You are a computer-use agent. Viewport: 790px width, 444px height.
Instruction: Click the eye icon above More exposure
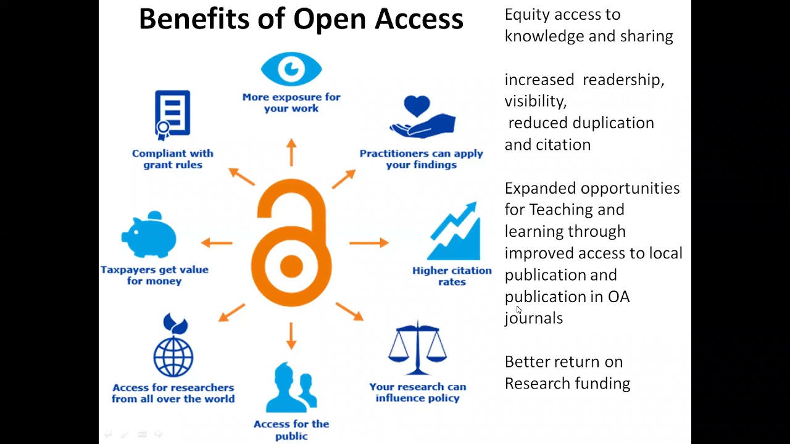[x=291, y=69]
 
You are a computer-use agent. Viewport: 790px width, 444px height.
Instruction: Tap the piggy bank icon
[x=150, y=234]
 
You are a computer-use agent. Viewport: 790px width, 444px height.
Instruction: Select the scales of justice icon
[x=417, y=348]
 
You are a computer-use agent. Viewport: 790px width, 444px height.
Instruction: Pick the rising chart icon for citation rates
[x=455, y=232]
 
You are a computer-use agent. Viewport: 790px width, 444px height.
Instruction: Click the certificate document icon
[x=172, y=115]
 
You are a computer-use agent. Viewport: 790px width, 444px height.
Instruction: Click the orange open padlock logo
[x=291, y=243]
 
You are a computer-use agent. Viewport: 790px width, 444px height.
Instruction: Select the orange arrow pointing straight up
[x=291, y=152]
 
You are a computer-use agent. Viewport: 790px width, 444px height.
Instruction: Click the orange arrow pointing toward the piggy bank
[x=217, y=243]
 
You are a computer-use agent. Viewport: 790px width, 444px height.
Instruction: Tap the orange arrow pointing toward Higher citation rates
[x=369, y=243]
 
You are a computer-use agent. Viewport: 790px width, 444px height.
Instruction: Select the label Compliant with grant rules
[x=173, y=159]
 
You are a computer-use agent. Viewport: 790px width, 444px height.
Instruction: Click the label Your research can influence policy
[x=418, y=392]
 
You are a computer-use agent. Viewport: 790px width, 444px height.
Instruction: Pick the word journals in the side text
[x=534, y=318]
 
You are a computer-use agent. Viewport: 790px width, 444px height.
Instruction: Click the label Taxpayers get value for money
[x=154, y=275]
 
